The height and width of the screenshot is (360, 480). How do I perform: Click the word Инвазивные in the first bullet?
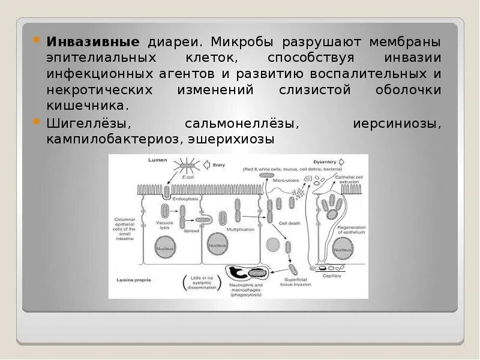92,43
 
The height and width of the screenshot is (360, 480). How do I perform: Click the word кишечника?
86,106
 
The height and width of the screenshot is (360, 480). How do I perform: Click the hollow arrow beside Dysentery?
342,161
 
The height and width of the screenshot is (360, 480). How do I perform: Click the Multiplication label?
240,229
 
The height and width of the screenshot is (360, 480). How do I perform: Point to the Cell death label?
289,223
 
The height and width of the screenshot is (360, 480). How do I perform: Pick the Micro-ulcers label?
284,179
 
